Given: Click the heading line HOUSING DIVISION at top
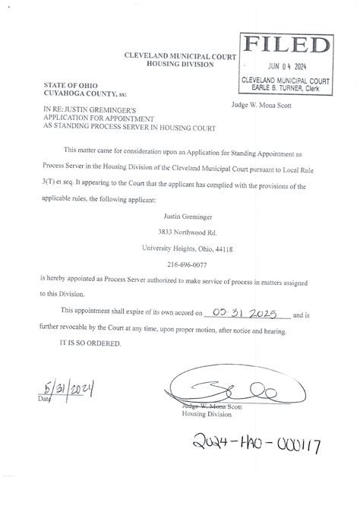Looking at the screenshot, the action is point(180,65).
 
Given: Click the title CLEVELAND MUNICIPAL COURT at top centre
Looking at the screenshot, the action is point(180,57).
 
